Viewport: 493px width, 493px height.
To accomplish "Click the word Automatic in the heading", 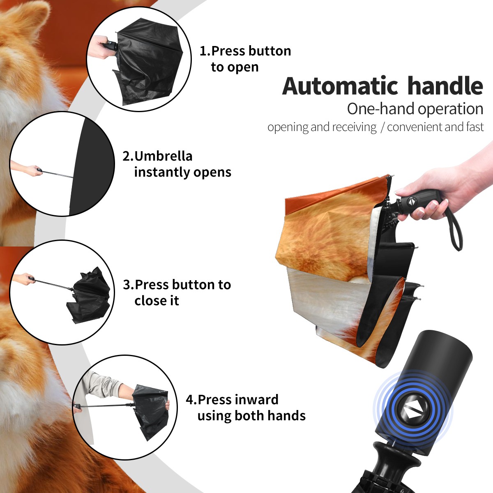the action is pos(340,86).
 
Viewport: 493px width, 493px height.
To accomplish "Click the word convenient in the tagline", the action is pos(415,127).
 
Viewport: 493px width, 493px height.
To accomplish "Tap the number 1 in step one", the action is pos(203,51).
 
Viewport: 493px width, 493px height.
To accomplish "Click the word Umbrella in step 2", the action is pos(163,156).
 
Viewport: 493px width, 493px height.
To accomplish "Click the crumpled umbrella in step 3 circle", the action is pos(88,295).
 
